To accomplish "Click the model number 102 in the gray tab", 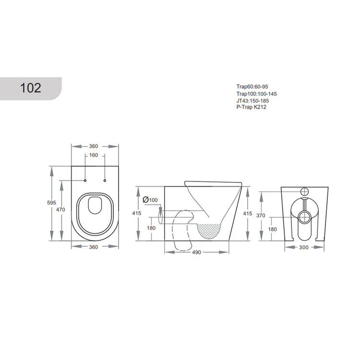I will (x=30, y=88).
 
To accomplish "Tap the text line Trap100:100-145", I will (x=256, y=94).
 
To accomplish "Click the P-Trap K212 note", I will (x=251, y=107).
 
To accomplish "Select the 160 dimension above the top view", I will (x=95, y=156).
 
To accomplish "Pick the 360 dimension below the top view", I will (x=94, y=247).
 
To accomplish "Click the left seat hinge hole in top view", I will (x=85, y=181).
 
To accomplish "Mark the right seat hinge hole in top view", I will (x=104, y=181).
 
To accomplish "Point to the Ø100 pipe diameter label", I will (x=150, y=200).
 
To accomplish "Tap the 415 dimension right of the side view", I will (x=248, y=213).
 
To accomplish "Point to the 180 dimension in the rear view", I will (x=273, y=229).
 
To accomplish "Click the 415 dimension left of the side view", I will (x=137, y=213).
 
